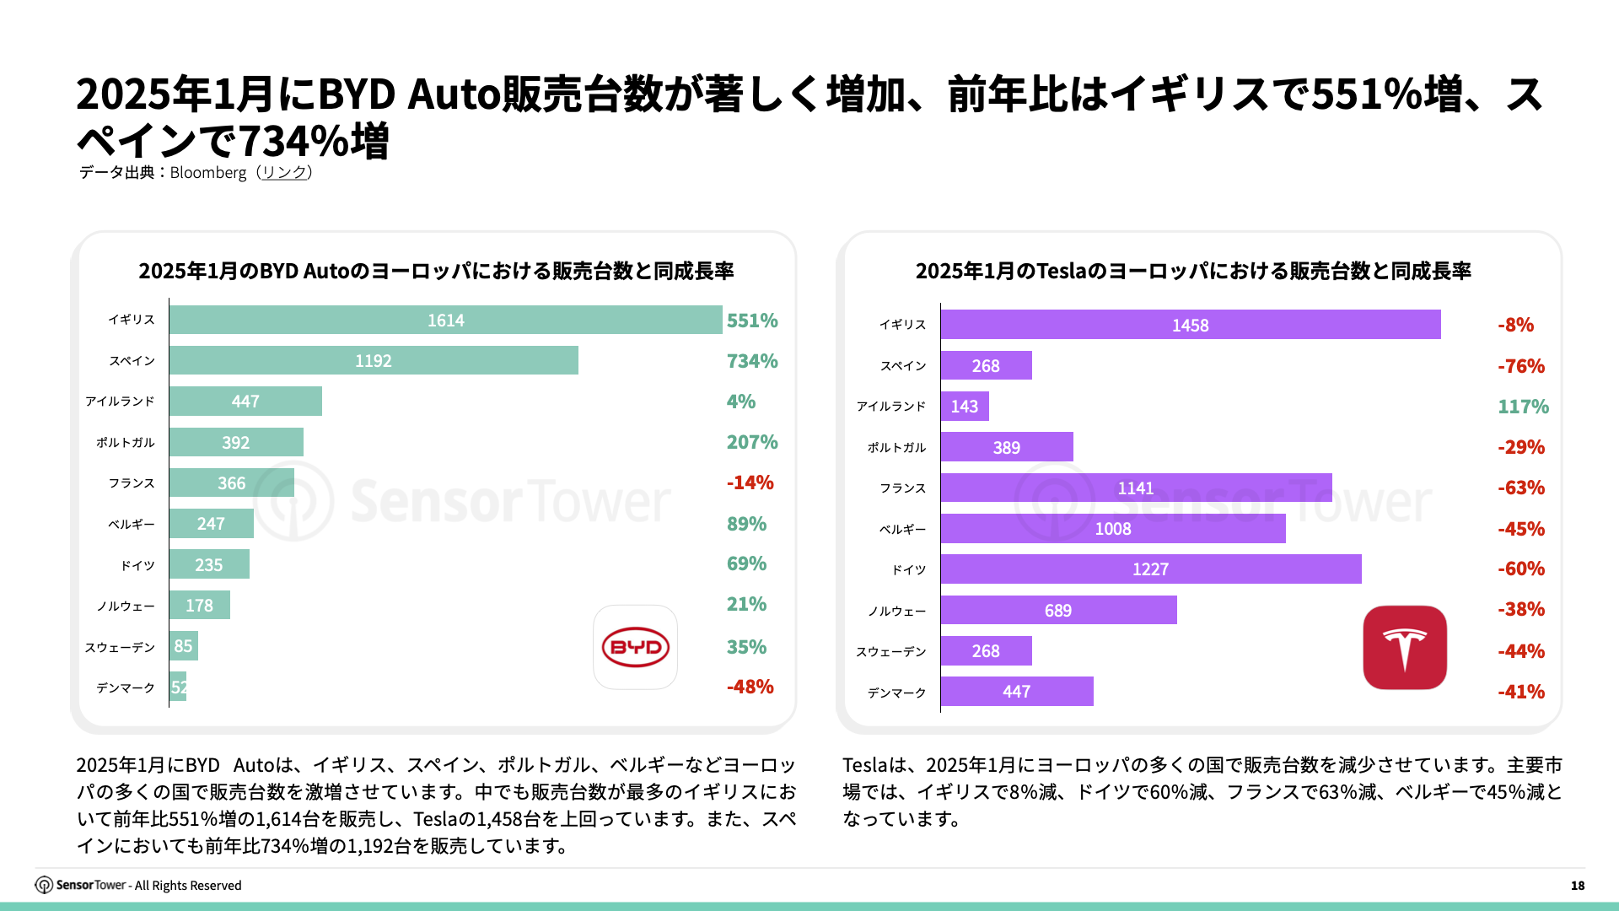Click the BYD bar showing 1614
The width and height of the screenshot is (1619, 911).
point(445,321)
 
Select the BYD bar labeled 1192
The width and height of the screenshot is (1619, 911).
point(374,361)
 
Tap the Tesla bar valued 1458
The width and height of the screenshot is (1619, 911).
point(1190,325)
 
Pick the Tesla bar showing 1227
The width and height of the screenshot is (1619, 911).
point(1150,569)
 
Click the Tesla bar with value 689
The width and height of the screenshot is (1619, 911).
point(1057,610)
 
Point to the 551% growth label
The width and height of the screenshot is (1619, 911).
point(752,321)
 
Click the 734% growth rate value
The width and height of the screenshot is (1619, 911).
point(752,361)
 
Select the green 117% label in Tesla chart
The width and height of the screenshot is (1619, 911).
point(1523,407)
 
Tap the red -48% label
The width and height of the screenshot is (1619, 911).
point(750,687)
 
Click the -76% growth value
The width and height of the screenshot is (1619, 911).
point(1520,366)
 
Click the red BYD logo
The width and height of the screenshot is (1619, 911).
point(635,647)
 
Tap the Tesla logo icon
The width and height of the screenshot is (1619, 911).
point(1405,648)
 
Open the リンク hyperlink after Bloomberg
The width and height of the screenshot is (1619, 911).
point(284,172)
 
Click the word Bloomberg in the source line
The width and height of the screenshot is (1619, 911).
point(208,173)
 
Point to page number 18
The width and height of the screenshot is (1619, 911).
point(1577,886)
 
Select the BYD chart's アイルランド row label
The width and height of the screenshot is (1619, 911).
point(120,402)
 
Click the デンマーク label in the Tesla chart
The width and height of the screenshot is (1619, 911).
point(896,693)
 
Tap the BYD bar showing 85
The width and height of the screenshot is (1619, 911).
point(183,646)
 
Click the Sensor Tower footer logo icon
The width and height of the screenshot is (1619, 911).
point(44,885)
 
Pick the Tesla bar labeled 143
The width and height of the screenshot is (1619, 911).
point(964,407)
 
